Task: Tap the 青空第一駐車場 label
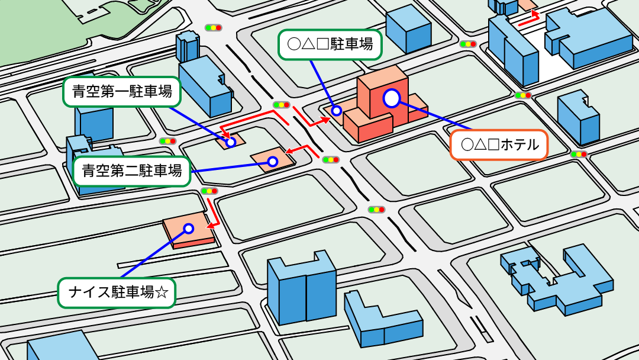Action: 121,92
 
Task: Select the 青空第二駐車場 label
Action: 131,172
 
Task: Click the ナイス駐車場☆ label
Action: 117,292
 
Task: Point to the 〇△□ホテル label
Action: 499,144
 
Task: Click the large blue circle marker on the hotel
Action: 392,98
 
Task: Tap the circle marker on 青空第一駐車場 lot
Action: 231,142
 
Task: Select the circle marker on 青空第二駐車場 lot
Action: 273,161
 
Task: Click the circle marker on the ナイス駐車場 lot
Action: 189,228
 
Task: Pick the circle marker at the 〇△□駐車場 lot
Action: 336,110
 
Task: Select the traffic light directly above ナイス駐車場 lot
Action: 209,191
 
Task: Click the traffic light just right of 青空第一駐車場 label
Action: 167,141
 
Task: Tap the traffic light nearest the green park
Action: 213,27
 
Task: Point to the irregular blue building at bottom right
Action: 556,278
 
